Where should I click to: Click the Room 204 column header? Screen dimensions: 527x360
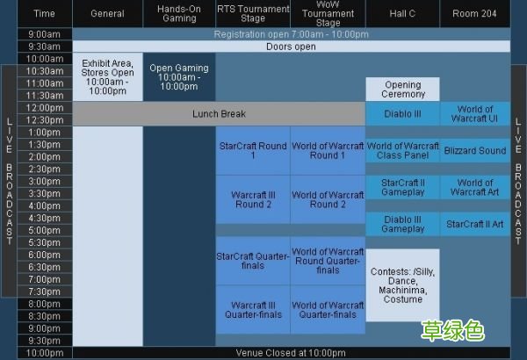point(475,13)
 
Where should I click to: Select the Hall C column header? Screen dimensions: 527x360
point(402,13)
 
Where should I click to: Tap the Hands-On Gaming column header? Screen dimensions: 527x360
point(179,13)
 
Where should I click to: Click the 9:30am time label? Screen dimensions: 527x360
point(45,47)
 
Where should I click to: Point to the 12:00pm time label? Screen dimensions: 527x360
point(45,108)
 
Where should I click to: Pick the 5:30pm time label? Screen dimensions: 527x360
point(45,242)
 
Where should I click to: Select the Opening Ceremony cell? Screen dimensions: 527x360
point(402,89)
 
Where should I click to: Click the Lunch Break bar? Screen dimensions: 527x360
point(219,114)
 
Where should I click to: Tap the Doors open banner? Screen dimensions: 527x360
point(292,47)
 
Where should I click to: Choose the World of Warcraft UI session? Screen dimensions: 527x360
point(475,114)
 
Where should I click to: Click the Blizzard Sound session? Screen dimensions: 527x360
point(475,151)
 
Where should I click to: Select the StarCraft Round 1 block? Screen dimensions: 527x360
point(253,151)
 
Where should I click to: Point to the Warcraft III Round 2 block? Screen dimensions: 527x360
point(253,199)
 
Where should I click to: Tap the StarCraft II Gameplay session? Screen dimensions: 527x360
point(402,187)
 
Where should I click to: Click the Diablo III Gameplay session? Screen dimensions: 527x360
point(402,224)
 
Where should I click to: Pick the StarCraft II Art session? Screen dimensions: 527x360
point(475,224)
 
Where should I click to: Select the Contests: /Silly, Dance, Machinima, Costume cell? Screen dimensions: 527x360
point(402,285)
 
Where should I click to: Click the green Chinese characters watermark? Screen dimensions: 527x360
point(452,331)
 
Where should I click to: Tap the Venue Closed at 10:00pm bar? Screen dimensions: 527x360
point(292,353)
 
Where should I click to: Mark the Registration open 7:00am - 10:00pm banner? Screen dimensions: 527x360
point(292,34)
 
